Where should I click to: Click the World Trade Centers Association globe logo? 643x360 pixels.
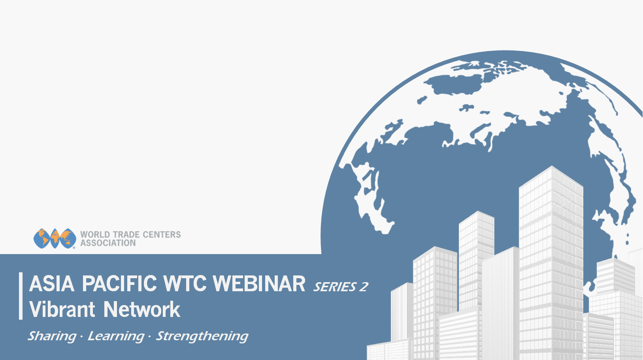click(x=55, y=239)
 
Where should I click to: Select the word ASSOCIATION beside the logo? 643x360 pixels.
click(x=108, y=243)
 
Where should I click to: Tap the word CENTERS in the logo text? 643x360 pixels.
click(x=162, y=235)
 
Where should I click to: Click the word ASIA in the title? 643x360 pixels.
click(x=52, y=284)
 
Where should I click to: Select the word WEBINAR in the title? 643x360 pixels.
click(x=259, y=284)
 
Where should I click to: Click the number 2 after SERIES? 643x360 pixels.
click(x=364, y=287)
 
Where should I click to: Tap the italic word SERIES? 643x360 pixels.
click(x=335, y=287)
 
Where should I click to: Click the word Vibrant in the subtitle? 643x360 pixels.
click(x=62, y=309)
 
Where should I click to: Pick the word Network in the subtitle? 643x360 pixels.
click(x=142, y=309)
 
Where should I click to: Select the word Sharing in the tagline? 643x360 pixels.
click(x=52, y=336)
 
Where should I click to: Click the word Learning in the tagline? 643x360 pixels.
click(x=116, y=336)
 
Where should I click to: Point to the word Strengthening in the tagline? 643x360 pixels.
click(x=202, y=336)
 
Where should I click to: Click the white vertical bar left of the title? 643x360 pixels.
click(x=21, y=296)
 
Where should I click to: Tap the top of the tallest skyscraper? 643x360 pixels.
click(x=551, y=166)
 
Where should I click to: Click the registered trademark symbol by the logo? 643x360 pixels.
click(x=74, y=247)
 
